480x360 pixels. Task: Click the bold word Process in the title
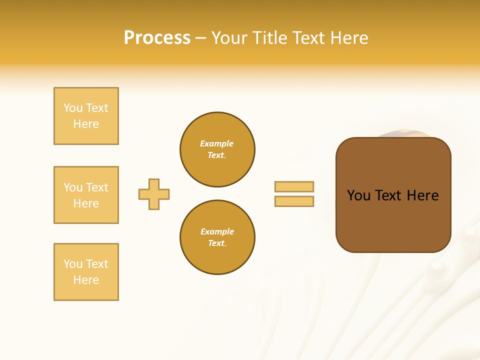coord(157,38)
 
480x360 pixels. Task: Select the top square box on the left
coord(86,116)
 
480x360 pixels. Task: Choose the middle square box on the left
coord(86,195)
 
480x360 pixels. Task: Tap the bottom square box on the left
coord(86,272)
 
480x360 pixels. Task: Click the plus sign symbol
coord(154,194)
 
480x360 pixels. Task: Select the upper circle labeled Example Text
coord(217,149)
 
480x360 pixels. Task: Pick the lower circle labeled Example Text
coord(217,237)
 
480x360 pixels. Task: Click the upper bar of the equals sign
coord(294,186)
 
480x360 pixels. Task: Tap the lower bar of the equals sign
coord(294,201)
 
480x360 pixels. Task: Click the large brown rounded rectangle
coord(393,220)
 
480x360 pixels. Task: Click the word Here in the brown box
coord(422,195)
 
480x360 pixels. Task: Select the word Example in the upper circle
coord(217,143)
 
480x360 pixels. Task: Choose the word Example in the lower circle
coord(217,231)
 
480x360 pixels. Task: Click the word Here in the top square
coord(86,124)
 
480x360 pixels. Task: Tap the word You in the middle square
coord(73,187)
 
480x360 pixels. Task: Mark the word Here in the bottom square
coord(86,280)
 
